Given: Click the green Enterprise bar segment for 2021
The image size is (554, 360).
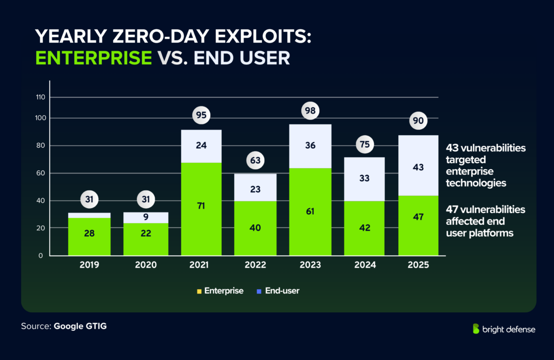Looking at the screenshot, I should coord(201,209).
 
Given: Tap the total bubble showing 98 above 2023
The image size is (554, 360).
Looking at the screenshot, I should coord(311,110).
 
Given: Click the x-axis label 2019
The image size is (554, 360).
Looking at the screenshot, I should coord(89,265).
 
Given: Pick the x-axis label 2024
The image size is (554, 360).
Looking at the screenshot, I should coord(364,265).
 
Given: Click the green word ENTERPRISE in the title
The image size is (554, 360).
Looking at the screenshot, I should coord(93,57).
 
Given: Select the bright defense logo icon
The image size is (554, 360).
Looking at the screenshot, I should coord(476,329).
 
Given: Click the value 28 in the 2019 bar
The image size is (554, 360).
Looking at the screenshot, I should coord(89,234).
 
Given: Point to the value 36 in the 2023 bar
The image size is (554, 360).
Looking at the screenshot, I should coord(311,145).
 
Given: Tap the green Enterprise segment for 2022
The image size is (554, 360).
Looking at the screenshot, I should coord(255,228).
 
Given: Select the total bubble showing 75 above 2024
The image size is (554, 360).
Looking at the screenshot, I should coord(364,144).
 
